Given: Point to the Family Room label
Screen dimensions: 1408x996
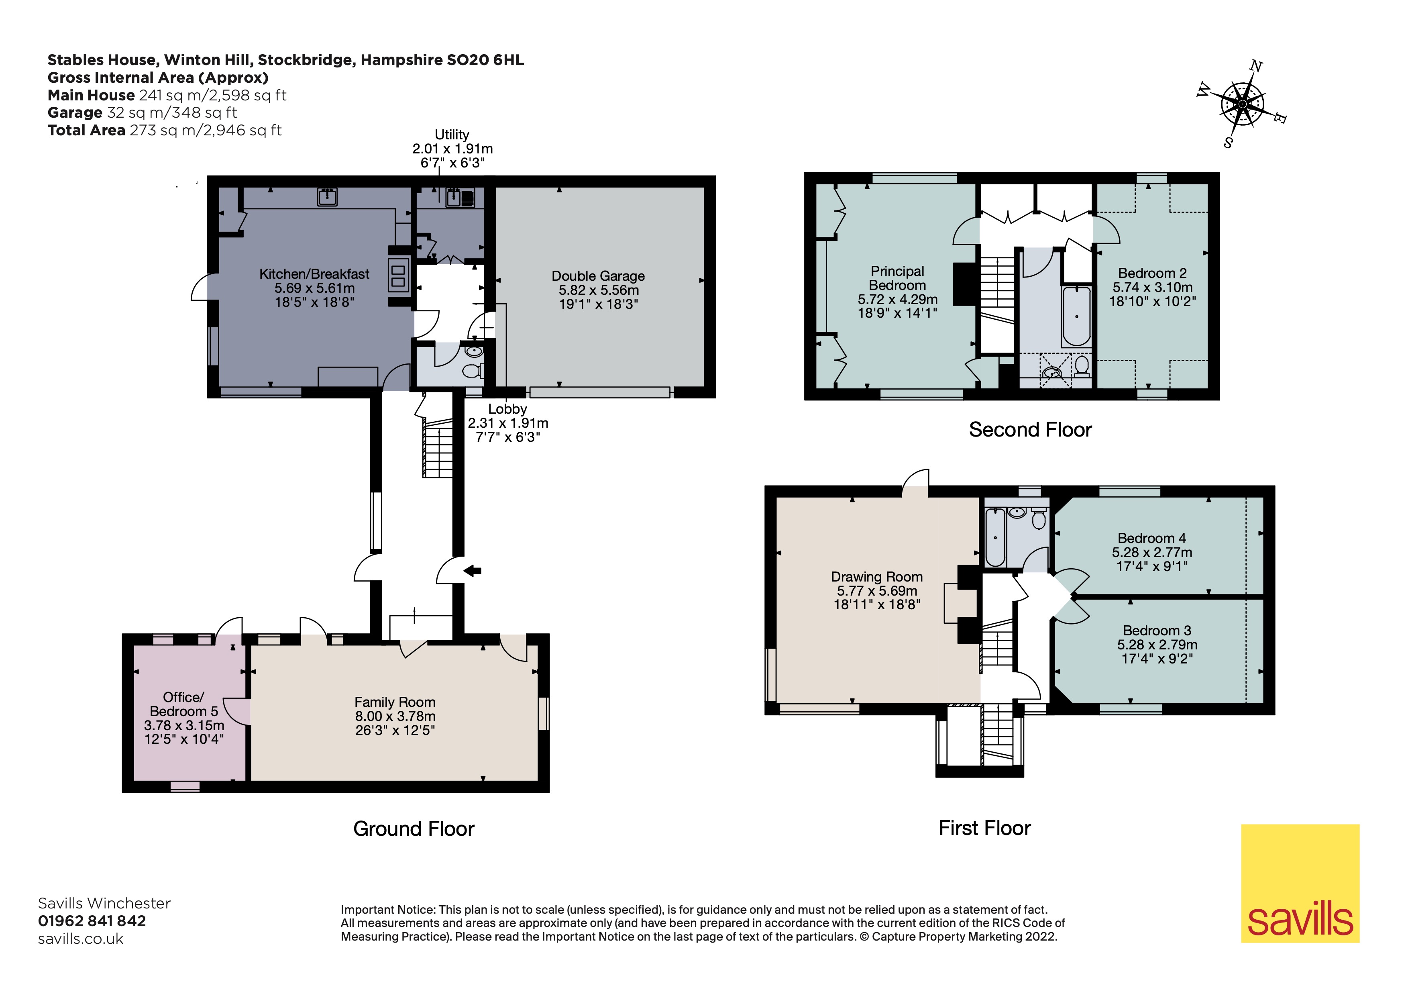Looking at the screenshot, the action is click(395, 716).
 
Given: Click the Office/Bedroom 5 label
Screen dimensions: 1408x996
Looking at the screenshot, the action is click(184, 718).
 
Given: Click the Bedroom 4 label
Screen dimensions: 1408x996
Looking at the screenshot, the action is click(1152, 552).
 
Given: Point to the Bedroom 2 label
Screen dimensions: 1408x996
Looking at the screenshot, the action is click(1152, 287).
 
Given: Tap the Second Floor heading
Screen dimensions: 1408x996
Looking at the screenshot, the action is click(1030, 430).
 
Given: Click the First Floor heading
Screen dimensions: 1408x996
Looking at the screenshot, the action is click(985, 828).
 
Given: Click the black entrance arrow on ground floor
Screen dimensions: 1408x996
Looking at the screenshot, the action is click(472, 571).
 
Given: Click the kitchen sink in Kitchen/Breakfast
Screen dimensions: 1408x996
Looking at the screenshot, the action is click(327, 196).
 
